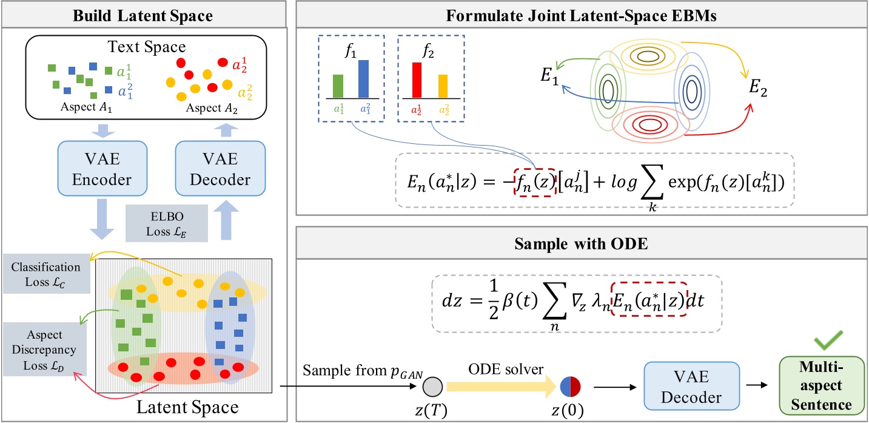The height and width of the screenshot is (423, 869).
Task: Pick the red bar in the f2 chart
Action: pyautogui.click(x=417, y=80)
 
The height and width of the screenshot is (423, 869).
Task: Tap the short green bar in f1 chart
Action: pyautogui.click(x=338, y=86)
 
